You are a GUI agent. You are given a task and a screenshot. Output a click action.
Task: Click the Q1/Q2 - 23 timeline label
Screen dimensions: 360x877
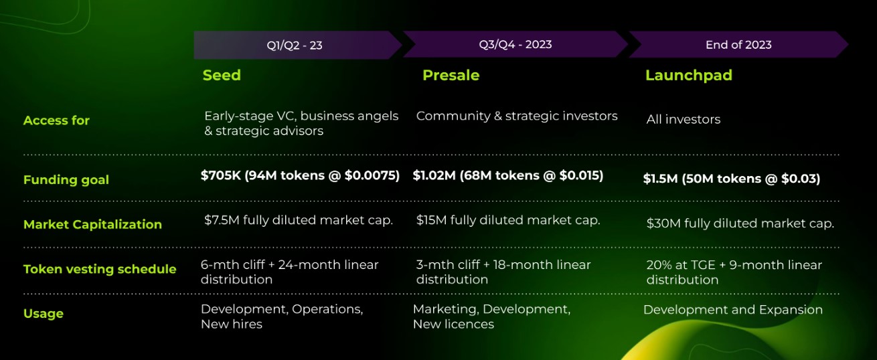click(294, 46)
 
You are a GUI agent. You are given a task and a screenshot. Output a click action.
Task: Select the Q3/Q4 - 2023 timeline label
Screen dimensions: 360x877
click(515, 44)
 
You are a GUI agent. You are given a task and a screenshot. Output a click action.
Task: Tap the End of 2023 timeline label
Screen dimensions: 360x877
click(738, 45)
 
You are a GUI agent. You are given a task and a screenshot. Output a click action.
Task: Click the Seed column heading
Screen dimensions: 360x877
click(222, 75)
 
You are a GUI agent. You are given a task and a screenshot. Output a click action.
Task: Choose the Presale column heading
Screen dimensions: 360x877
click(451, 75)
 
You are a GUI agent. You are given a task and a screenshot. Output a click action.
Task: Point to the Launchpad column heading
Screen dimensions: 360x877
click(688, 75)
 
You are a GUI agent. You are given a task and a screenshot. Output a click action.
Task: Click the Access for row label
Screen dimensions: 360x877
click(56, 120)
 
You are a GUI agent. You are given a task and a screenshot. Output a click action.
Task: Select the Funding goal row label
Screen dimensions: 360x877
click(66, 179)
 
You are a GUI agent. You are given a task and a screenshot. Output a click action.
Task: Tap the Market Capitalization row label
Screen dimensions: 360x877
click(92, 224)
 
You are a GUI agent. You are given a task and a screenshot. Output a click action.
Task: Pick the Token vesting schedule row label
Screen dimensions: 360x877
click(100, 269)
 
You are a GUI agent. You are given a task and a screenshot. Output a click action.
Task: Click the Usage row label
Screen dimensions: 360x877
click(43, 313)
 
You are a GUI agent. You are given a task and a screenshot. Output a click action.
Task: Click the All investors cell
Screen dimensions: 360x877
click(683, 120)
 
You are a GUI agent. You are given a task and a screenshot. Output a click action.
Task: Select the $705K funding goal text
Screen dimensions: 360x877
click(300, 175)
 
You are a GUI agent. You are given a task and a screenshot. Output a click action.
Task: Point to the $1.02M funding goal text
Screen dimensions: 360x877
click(507, 175)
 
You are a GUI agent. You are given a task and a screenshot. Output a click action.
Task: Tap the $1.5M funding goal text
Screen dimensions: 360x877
click(731, 179)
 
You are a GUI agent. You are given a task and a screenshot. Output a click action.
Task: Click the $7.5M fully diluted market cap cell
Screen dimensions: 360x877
click(298, 220)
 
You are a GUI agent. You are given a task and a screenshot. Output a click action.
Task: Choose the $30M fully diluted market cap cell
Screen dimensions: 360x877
click(740, 223)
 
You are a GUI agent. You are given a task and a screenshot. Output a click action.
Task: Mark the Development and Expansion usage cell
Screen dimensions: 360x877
click(732, 310)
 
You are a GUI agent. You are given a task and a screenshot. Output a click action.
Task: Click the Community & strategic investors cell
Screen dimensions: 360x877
click(516, 116)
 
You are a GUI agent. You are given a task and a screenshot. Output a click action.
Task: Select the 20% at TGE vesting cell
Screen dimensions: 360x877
click(734, 272)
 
